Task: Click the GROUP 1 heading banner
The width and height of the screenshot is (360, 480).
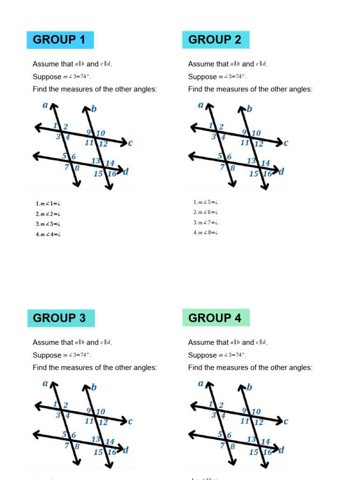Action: point(60,40)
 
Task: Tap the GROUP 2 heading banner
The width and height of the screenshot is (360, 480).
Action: point(215,40)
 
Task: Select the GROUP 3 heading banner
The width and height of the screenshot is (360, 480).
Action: point(60,318)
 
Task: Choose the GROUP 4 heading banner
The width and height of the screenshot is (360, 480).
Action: point(216,318)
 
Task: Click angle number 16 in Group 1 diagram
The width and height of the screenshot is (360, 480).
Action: point(112,174)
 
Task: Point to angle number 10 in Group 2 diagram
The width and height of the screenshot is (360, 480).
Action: point(256,134)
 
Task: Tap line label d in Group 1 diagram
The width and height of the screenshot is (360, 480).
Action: point(126,172)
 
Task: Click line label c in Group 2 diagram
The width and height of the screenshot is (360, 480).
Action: point(286,143)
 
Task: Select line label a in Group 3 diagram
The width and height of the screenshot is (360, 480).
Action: point(45,383)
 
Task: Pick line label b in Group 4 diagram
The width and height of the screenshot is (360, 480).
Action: point(249,387)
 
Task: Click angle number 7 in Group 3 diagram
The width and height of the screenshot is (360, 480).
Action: point(67,446)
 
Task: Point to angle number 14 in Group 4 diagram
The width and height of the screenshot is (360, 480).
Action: point(266,442)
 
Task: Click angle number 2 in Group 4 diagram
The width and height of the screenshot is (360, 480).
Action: point(221,405)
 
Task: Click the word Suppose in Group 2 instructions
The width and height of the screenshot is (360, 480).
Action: point(202,77)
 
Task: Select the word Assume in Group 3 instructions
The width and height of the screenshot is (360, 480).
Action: point(46,343)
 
